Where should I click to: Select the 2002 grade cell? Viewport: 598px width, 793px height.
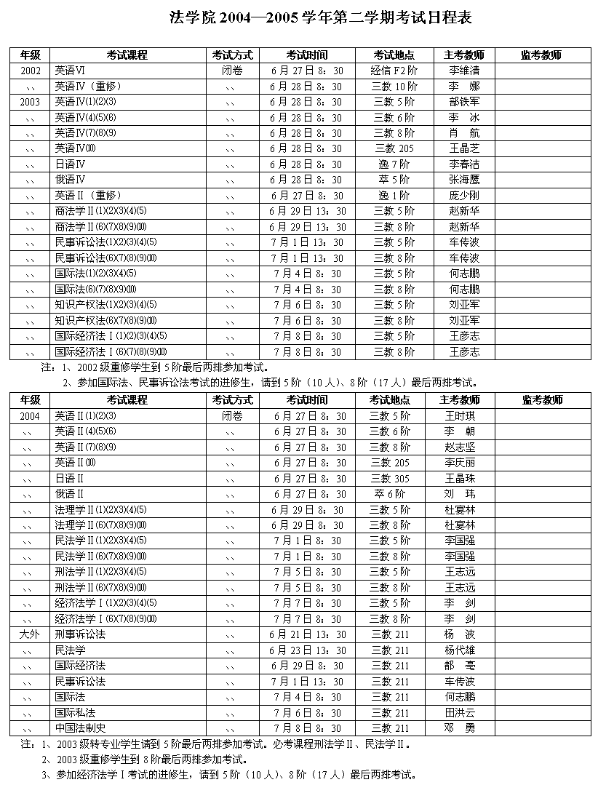[31, 71]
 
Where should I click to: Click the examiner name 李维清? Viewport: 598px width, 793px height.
[464, 71]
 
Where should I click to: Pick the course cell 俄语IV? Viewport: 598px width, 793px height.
[71, 180]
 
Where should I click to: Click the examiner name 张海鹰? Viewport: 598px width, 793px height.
[464, 180]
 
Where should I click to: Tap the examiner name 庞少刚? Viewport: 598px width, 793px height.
[464, 196]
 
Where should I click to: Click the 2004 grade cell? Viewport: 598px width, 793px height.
[31, 416]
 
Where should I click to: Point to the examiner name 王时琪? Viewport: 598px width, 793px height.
[460, 416]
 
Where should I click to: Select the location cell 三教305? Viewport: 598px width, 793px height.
[390, 479]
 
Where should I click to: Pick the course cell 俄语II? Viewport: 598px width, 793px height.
[70, 494]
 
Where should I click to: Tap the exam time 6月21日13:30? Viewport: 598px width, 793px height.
[308, 634]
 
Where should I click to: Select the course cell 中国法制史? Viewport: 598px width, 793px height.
[80, 728]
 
